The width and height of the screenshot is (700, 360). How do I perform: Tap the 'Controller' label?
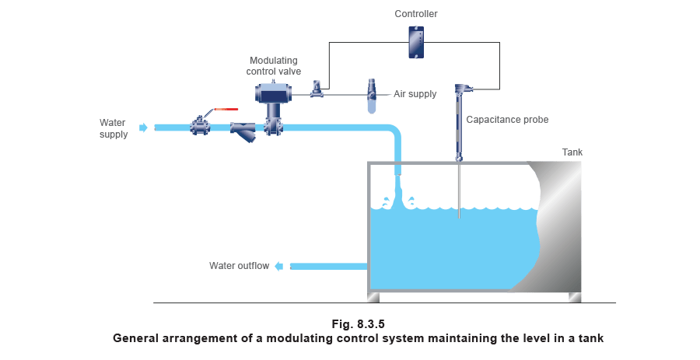(416, 14)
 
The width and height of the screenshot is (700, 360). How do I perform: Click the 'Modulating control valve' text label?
(272, 65)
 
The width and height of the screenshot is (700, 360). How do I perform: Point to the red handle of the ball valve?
(225, 110)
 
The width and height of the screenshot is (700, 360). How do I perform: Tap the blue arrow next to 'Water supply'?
(143, 128)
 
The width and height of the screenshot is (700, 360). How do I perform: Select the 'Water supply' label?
(112, 128)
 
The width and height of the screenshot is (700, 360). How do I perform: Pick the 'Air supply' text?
(415, 94)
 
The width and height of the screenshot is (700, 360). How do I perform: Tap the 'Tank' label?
(572, 152)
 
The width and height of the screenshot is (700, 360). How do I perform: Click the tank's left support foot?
(374, 297)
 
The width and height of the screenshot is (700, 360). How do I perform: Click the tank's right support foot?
(575, 297)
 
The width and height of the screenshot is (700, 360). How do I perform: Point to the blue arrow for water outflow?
(285, 266)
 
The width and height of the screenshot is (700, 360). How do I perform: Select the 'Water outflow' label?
(240, 266)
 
